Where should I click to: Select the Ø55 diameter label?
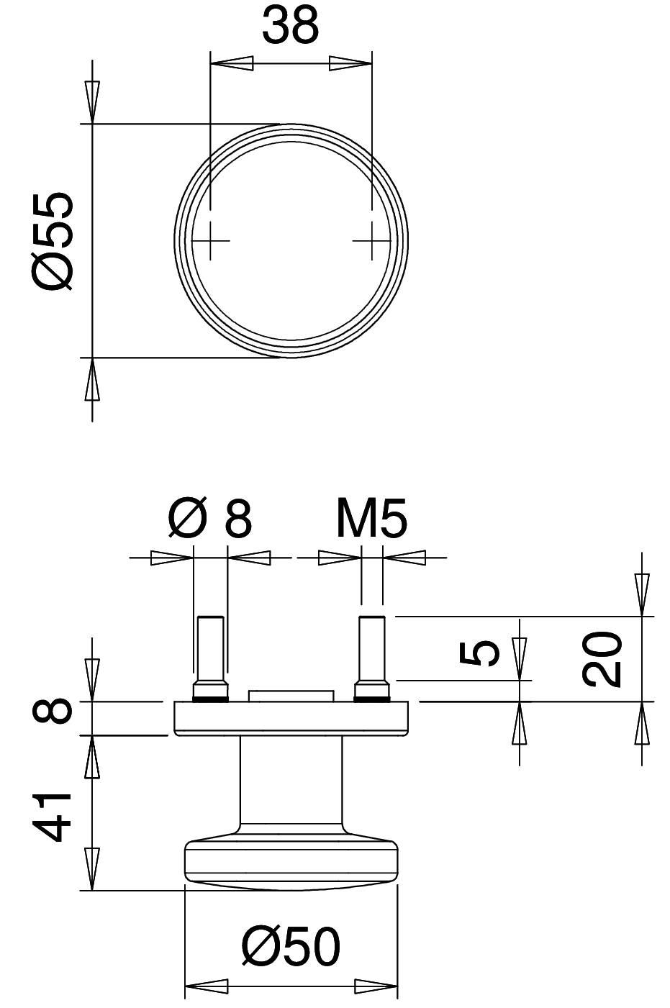[x=53, y=241]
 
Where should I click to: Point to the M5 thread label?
[x=371, y=517]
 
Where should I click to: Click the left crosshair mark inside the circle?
[x=210, y=241]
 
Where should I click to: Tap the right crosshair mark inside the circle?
[x=371, y=241]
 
